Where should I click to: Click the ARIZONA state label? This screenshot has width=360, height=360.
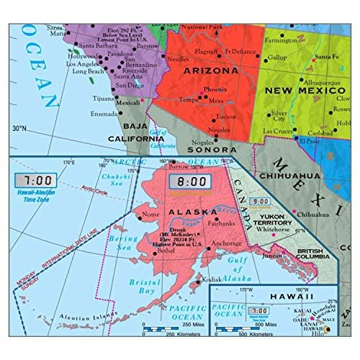[215, 72]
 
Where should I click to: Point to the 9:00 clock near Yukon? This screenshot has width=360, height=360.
[260, 203]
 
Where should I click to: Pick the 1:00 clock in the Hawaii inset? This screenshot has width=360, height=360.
[264, 311]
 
